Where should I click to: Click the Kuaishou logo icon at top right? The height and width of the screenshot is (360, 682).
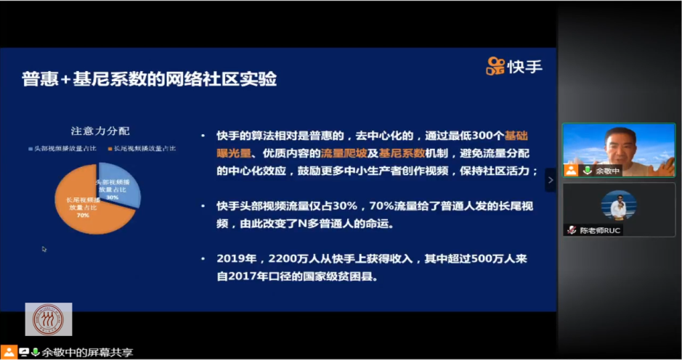click(x=495, y=66)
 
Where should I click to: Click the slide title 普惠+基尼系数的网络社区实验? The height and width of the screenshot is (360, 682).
click(x=149, y=78)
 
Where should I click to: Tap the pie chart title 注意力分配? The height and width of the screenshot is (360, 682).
click(x=100, y=131)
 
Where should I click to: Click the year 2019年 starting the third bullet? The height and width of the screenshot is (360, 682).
click(x=234, y=258)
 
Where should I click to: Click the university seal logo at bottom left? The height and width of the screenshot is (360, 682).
click(x=48, y=319)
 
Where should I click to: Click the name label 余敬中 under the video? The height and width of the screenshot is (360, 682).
click(x=606, y=171)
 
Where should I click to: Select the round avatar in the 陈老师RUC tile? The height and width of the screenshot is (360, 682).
click(x=618, y=205)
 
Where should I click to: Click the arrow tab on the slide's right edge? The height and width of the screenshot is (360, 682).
click(x=551, y=179)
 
